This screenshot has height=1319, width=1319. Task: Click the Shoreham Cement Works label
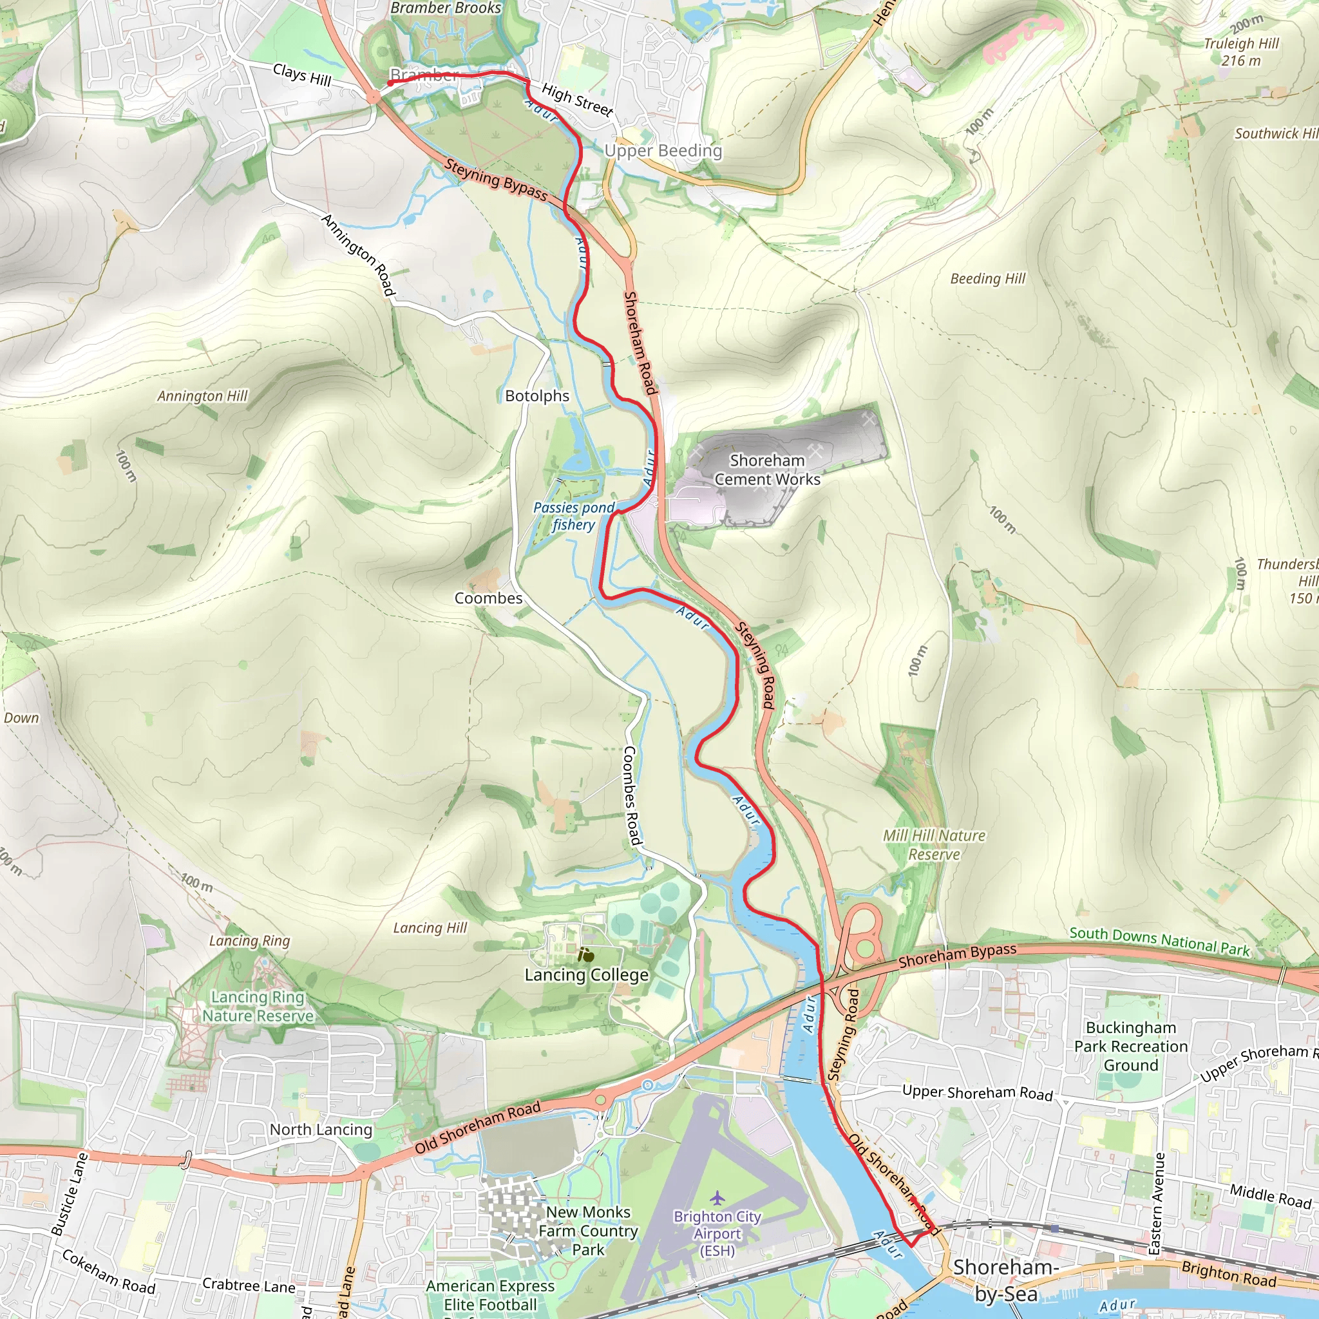[x=766, y=470]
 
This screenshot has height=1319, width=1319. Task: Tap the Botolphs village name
[x=536, y=396]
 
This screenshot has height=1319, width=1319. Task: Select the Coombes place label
[x=488, y=598]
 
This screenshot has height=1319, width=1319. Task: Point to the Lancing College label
[x=586, y=975]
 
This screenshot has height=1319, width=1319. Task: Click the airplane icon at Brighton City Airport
[x=717, y=1198]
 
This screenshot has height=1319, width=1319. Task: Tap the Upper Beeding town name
[x=663, y=151]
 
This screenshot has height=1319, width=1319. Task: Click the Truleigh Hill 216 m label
[x=1240, y=52]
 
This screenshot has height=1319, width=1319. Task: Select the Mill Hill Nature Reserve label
[x=934, y=844]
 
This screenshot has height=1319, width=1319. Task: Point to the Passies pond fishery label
[x=573, y=516]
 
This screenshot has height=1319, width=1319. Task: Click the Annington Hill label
[x=202, y=396]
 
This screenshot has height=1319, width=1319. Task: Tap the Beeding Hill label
[x=987, y=278]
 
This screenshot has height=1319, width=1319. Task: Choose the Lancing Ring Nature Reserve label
[x=258, y=1007]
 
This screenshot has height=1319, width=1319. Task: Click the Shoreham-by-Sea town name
[x=1005, y=1280]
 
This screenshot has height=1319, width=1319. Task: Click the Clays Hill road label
[x=302, y=75]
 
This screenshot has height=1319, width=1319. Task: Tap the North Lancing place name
[x=321, y=1130]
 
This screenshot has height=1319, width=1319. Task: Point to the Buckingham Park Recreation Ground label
[x=1130, y=1046]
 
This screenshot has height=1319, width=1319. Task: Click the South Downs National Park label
[x=1159, y=942]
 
